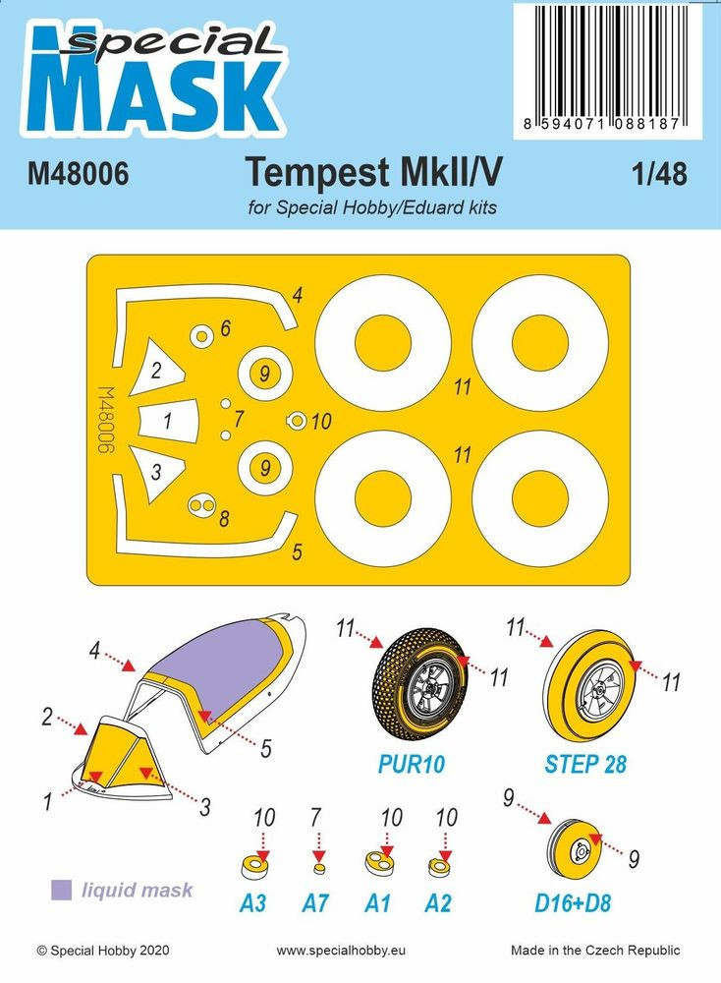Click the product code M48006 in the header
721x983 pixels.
[x=78, y=174]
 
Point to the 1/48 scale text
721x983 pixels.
[x=659, y=174]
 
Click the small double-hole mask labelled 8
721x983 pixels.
[x=202, y=505]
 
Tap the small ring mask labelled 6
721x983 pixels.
[x=201, y=337]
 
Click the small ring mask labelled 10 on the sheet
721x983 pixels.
[x=297, y=422]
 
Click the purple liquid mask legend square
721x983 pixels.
[x=61, y=891]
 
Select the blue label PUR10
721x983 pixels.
[x=411, y=764]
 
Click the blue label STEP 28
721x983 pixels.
[x=585, y=764]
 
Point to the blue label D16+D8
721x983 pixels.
[x=573, y=903]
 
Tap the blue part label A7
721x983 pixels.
[x=315, y=903]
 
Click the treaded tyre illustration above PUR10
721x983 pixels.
[x=419, y=678]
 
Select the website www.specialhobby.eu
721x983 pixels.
[x=341, y=951]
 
